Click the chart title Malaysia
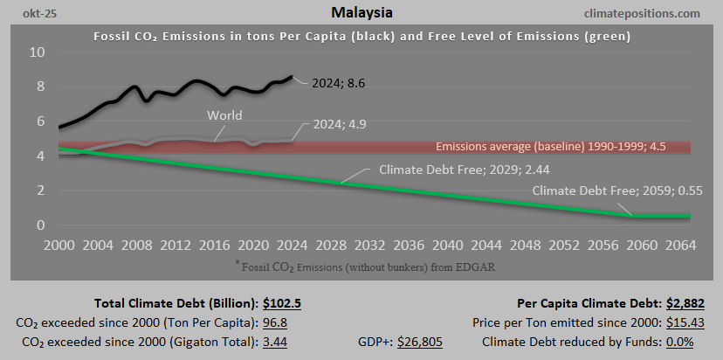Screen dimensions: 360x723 [x=361, y=13]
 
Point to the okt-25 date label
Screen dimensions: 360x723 [x=30, y=14]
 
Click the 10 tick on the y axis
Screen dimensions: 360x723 [x=37, y=52]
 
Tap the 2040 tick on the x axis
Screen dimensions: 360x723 [x=447, y=244]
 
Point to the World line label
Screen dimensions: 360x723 [x=224, y=115]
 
